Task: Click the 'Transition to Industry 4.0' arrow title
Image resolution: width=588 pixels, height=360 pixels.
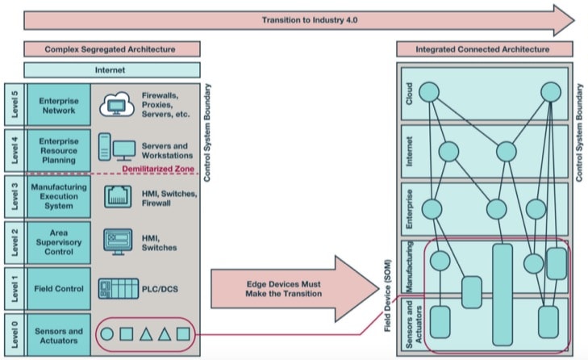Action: (310, 20)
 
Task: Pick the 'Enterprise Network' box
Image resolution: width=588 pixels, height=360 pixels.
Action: (59, 105)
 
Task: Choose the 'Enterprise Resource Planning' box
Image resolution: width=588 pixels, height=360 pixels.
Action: (59, 150)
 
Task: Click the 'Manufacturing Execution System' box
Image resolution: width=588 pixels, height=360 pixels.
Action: (59, 196)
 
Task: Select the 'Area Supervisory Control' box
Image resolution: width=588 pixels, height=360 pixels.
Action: (59, 242)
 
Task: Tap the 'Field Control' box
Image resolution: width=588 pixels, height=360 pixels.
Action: (59, 289)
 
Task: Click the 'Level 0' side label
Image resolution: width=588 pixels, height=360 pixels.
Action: (15, 334)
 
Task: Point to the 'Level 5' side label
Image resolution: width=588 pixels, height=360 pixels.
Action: (15, 105)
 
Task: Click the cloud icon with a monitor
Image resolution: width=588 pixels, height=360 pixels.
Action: (117, 104)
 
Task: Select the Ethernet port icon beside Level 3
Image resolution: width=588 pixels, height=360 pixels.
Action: (118, 196)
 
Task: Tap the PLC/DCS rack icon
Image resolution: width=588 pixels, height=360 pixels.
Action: (118, 289)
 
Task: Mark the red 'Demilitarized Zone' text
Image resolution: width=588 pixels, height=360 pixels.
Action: (158, 169)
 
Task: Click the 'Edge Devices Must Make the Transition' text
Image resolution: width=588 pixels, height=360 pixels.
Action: (283, 289)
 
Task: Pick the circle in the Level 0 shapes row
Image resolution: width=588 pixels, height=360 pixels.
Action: (107, 334)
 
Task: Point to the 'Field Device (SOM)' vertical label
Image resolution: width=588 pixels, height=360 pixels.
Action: (387, 295)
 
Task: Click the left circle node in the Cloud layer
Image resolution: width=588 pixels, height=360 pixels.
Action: (429, 92)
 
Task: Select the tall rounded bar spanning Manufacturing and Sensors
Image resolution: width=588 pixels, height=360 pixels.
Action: (503, 295)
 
